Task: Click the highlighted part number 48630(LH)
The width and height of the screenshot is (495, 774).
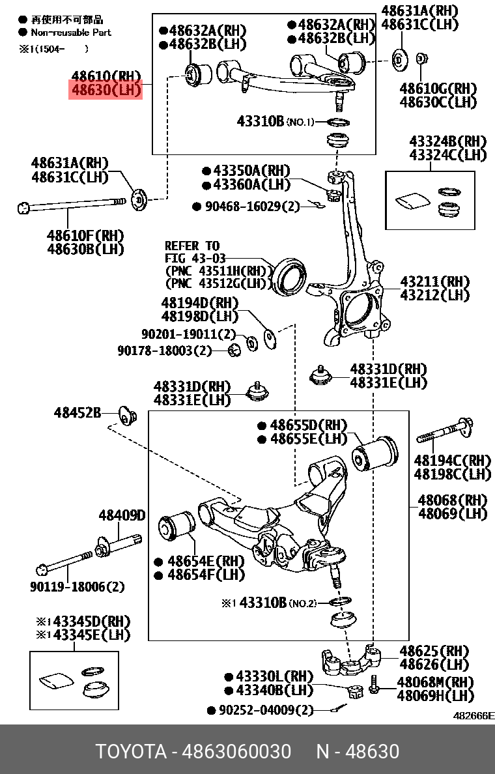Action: [106, 90]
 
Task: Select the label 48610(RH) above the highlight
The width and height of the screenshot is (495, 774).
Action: [106, 76]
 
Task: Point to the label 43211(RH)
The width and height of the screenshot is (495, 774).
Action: [434, 282]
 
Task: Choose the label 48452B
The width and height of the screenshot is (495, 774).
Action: [78, 412]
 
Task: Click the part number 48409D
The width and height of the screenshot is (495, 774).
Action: [122, 515]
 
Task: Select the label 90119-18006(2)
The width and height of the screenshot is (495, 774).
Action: [77, 587]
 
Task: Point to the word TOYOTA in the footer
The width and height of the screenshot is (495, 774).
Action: [131, 752]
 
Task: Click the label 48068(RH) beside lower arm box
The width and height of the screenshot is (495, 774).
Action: [452, 500]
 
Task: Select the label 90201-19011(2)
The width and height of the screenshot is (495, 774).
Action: [188, 334]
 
